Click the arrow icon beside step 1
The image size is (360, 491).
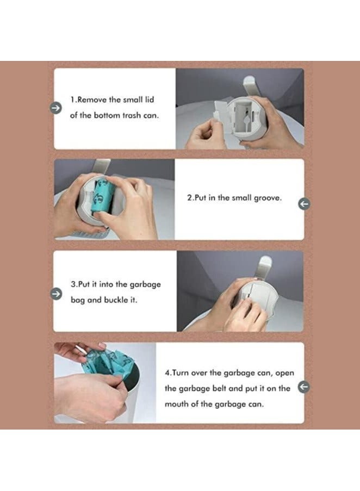[x=56, y=108]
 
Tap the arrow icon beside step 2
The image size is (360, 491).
[x=303, y=204]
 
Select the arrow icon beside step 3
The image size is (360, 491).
[x=57, y=294]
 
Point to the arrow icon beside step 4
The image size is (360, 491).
[x=303, y=387]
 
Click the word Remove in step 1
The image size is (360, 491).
[x=92, y=100]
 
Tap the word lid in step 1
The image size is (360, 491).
[x=150, y=100]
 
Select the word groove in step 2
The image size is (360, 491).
[x=268, y=198]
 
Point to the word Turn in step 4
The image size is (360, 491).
[x=181, y=372]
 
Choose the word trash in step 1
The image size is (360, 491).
[x=131, y=115]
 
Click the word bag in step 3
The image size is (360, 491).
[x=78, y=300]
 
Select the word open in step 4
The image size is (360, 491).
[x=284, y=373]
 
